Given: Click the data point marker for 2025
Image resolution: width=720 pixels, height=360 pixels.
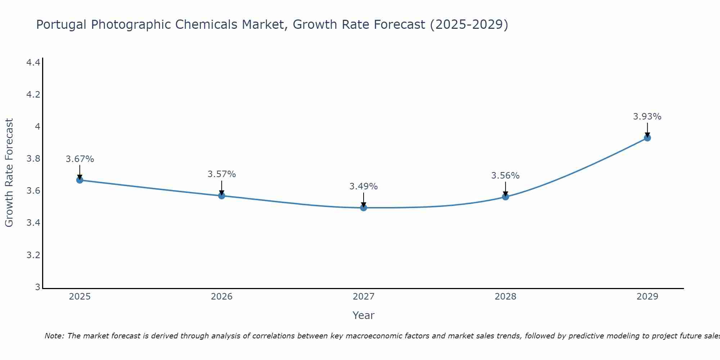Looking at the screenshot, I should point(80,180).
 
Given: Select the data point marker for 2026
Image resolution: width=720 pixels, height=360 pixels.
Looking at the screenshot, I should point(222,195).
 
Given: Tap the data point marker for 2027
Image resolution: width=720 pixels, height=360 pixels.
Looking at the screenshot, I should point(364,208).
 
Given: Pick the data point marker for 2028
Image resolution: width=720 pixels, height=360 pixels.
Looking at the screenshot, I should point(505,197).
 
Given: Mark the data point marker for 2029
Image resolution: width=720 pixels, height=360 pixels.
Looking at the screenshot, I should point(647,138).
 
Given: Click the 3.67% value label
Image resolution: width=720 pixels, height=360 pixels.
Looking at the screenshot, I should point(80,159).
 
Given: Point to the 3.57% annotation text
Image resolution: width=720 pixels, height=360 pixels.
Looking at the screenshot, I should point(222,174).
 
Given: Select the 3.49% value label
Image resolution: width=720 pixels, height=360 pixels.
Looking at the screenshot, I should point(364,186).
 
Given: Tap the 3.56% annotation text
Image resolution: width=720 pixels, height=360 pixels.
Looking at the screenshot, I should point(505,176).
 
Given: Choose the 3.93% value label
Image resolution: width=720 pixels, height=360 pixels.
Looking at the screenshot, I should point(647,117).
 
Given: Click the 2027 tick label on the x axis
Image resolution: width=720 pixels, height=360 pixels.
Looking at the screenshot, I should point(364,297).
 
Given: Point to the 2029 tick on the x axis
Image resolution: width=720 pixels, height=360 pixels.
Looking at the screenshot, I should point(647,297).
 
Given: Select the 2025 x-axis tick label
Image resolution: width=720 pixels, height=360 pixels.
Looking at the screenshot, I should point(80,297).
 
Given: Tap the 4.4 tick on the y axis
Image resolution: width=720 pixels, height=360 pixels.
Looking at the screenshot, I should point(33,63).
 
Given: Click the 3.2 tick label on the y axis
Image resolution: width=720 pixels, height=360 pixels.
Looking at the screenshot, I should point(33,255).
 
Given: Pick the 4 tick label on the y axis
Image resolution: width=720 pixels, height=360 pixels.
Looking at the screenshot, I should point(37,127).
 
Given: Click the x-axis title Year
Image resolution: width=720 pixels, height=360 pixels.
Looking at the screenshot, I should point(364,315).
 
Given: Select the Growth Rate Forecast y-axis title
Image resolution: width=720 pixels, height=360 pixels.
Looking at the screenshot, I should point(9,173).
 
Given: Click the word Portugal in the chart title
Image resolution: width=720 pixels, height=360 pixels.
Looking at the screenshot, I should point(61,25).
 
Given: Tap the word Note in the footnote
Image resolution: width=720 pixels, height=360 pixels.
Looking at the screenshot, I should point(54,336).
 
